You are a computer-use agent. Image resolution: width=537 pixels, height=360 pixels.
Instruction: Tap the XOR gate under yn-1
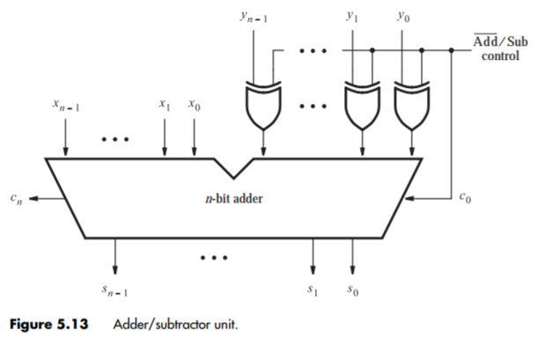[x=262, y=105]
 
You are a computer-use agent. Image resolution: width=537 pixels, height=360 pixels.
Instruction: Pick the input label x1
[x=165, y=104]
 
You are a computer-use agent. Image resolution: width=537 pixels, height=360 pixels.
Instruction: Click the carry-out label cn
[x=15, y=199]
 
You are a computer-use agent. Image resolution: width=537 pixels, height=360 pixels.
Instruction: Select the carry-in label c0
[x=466, y=199]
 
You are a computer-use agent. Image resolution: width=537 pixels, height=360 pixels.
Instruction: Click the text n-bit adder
[x=234, y=199]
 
